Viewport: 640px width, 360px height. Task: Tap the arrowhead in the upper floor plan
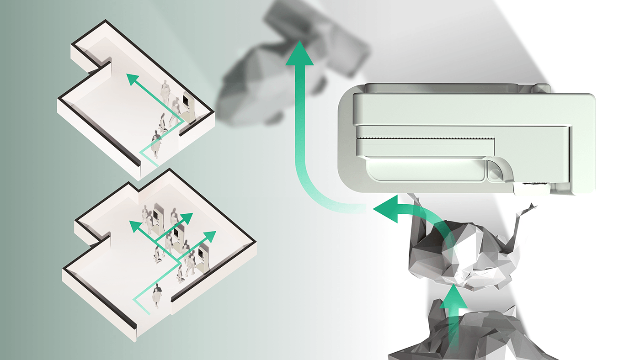[133, 80]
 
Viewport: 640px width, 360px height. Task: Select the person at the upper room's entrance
[156, 143]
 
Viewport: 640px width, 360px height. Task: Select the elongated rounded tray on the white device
[425, 169]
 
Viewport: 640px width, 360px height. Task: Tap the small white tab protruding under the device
[532, 189]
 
